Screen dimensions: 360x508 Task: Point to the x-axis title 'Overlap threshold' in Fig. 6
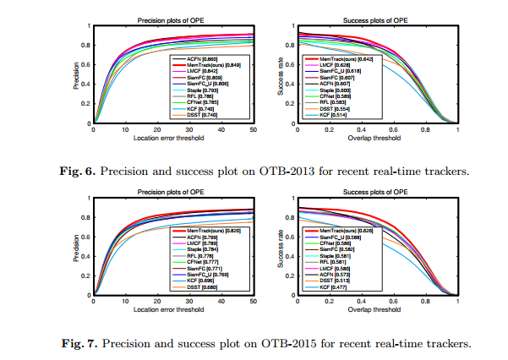(376, 138)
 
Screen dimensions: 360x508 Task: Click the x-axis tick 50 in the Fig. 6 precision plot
(254, 129)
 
